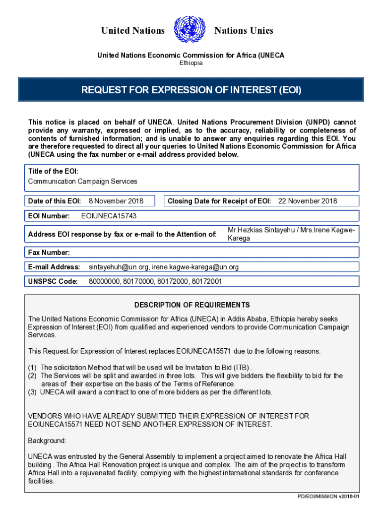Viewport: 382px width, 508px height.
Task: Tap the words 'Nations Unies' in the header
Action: pyautogui.click(x=244, y=31)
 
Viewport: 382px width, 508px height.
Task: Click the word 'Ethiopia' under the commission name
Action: pyautogui.click(x=191, y=63)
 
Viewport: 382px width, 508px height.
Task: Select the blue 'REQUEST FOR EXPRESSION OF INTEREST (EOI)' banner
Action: pyautogui.click(x=191, y=91)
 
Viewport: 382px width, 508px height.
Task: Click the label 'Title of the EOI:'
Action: pyautogui.click(x=53, y=171)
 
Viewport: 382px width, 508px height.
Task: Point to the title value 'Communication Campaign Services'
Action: pyautogui.click(x=82, y=182)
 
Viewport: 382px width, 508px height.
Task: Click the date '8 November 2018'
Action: pyautogui.click(x=116, y=201)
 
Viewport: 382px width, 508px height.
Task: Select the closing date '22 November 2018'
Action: pyautogui.click(x=308, y=201)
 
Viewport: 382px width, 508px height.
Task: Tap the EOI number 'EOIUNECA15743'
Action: pyautogui.click(x=109, y=216)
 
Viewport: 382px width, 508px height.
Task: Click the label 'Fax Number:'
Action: pyautogui.click(x=49, y=253)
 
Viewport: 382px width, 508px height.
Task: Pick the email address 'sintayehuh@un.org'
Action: pyautogui.click(x=119, y=267)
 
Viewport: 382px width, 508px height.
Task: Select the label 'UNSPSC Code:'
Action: pyautogui.click(x=53, y=281)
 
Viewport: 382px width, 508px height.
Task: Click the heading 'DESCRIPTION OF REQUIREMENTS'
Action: pyautogui.click(x=192, y=305)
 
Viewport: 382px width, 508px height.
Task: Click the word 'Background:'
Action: pyautogui.click(x=47, y=441)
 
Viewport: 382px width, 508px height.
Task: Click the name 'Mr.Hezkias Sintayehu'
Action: pyautogui.click(x=258, y=230)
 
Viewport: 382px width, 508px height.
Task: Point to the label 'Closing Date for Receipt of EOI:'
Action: pyautogui.click(x=219, y=201)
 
